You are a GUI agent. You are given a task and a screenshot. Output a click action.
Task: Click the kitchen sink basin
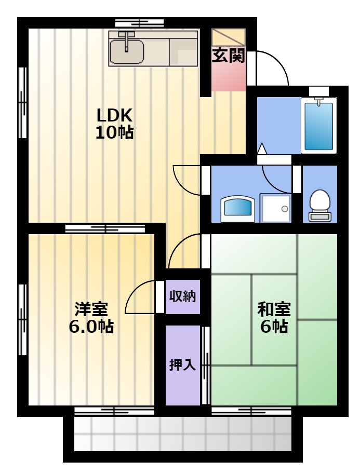tap(127, 52)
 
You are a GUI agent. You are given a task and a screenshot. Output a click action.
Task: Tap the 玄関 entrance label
tap(229, 56)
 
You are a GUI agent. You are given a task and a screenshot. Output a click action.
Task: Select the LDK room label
tap(114, 115)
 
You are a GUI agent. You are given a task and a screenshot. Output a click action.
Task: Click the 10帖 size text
tap(114, 132)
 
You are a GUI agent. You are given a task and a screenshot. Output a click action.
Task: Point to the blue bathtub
tap(318, 126)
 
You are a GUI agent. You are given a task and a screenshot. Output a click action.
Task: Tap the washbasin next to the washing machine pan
tap(238, 209)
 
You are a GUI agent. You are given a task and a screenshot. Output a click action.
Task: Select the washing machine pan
tap(275, 208)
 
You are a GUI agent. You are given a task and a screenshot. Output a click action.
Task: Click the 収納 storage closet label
tap(182, 296)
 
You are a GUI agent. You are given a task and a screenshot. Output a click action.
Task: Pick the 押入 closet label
tap(182, 365)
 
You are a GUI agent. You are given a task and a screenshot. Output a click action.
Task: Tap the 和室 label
tap(274, 309)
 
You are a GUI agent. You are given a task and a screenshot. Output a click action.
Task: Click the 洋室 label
tap(91, 308)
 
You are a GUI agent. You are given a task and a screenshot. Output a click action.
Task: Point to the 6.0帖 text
tap(91, 326)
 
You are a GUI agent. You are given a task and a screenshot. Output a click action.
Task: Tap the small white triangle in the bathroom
tap(262, 148)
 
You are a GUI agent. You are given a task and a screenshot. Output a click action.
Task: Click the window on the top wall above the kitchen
tap(139, 23)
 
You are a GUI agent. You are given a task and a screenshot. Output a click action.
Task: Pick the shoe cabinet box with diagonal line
tap(229, 38)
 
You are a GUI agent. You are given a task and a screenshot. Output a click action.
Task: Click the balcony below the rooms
tap(183, 434)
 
